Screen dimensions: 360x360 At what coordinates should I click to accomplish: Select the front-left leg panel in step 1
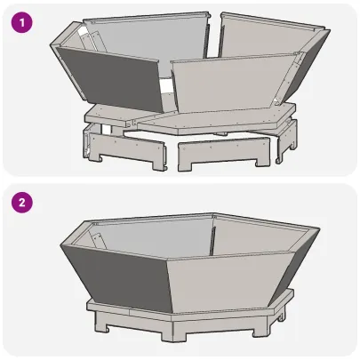point(124,151)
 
